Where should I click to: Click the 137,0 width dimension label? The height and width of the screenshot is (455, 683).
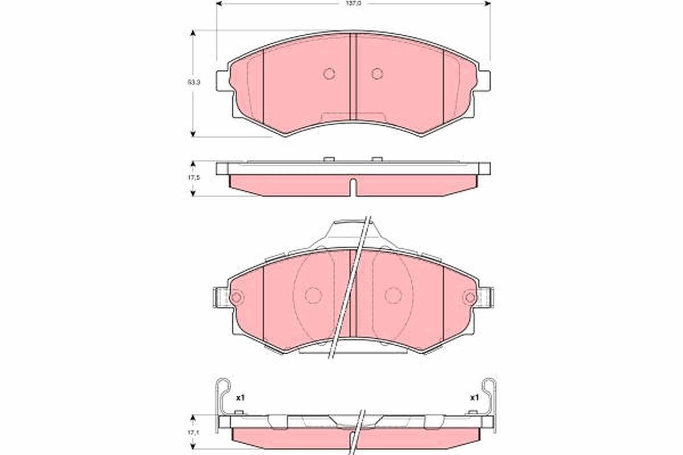pos(353,3)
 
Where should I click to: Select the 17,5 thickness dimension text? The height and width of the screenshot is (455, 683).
pos(194,178)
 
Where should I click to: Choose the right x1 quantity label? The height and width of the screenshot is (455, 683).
pos(474,398)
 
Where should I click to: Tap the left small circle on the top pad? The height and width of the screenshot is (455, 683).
pos(329,73)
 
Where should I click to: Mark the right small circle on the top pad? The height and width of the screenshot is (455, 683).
pos(377,73)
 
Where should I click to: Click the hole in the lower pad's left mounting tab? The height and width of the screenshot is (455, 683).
pos(236,297)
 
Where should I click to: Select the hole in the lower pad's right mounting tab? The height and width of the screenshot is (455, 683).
pos(470,297)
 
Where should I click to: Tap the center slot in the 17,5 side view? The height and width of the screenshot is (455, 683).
pos(353,187)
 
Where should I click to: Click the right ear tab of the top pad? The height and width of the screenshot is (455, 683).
pos(483,80)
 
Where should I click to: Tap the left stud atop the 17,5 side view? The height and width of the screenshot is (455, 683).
pos(328,159)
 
